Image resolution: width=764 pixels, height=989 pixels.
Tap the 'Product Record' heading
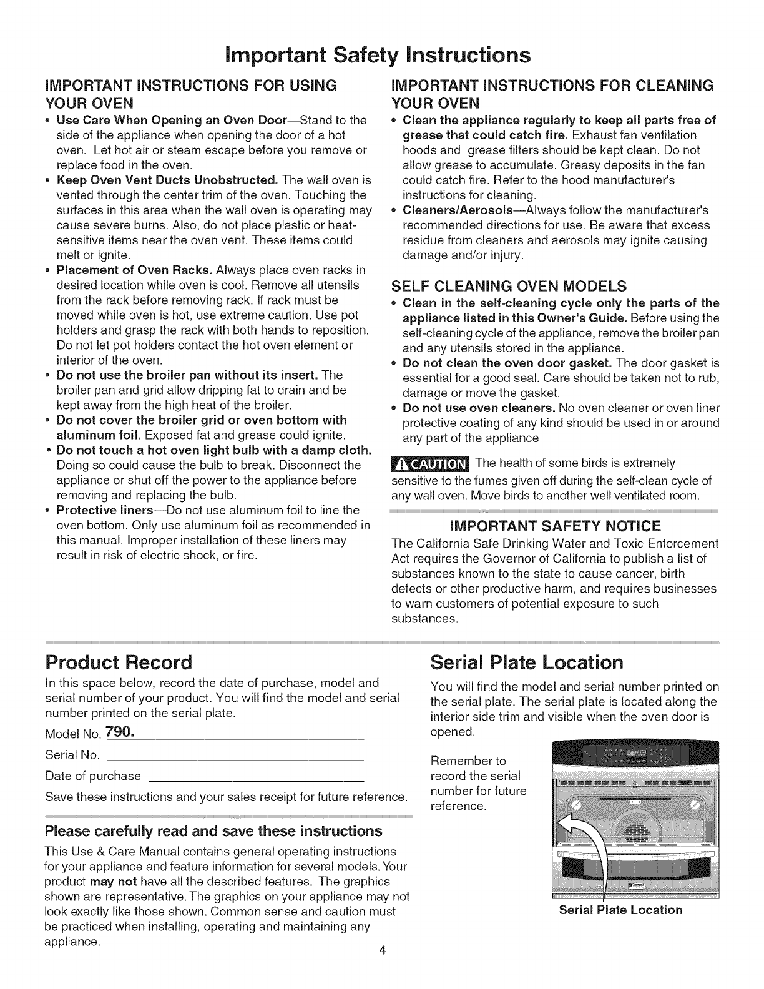click(x=119, y=661)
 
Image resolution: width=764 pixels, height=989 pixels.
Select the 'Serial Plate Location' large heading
click(x=527, y=661)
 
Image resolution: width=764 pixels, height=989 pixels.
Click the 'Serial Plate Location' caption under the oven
click(x=620, y=910)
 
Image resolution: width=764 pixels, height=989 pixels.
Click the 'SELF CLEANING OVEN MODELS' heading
click(x=509, y=287)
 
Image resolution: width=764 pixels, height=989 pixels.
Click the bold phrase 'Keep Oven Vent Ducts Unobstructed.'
click(x=167, y=180)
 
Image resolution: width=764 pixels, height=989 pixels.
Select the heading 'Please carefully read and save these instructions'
click(x=213, y=831)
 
